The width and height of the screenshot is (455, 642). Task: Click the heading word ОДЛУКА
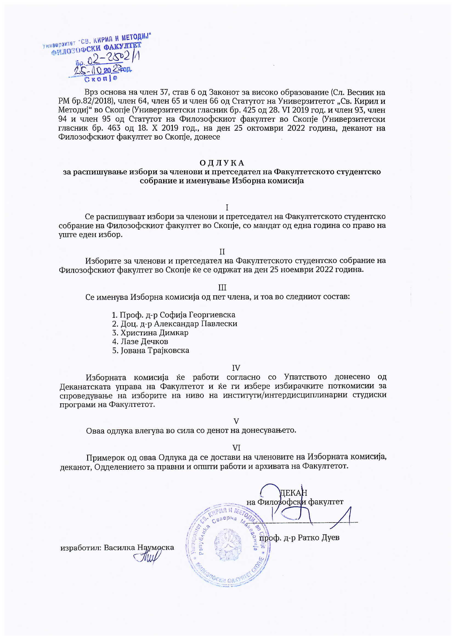[x=222, y=163]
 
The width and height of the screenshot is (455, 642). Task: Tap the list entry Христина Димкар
[x=154, y=333]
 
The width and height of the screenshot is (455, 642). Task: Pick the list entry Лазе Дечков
[x=144, y=341]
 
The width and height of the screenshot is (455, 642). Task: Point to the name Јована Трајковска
[x=155, y=350]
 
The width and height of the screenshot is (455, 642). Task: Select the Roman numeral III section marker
[x=222, y=288]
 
